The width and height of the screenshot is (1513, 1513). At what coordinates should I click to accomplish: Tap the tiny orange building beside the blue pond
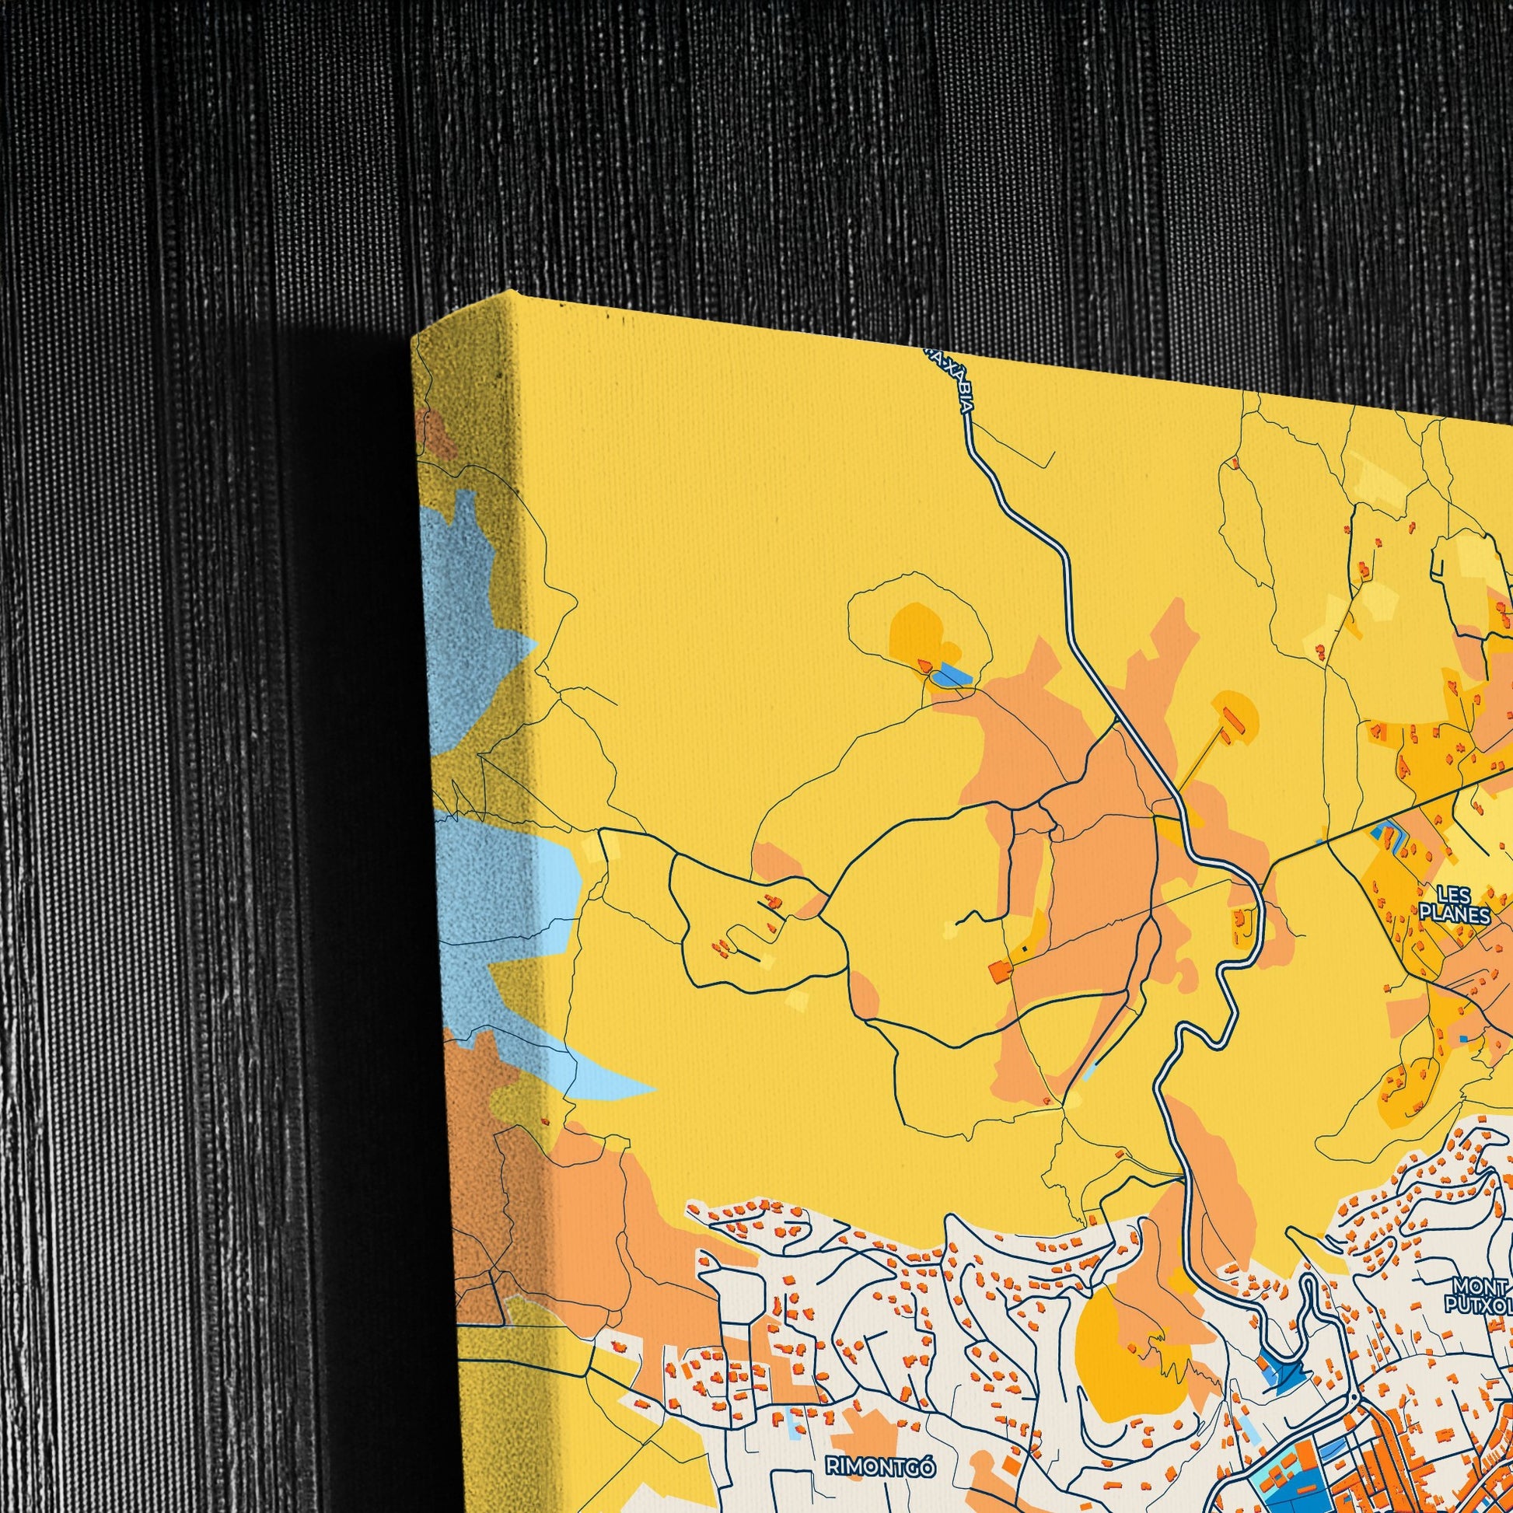pos(927,666)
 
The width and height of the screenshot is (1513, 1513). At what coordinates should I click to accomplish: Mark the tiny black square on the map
pos(1023,950)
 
